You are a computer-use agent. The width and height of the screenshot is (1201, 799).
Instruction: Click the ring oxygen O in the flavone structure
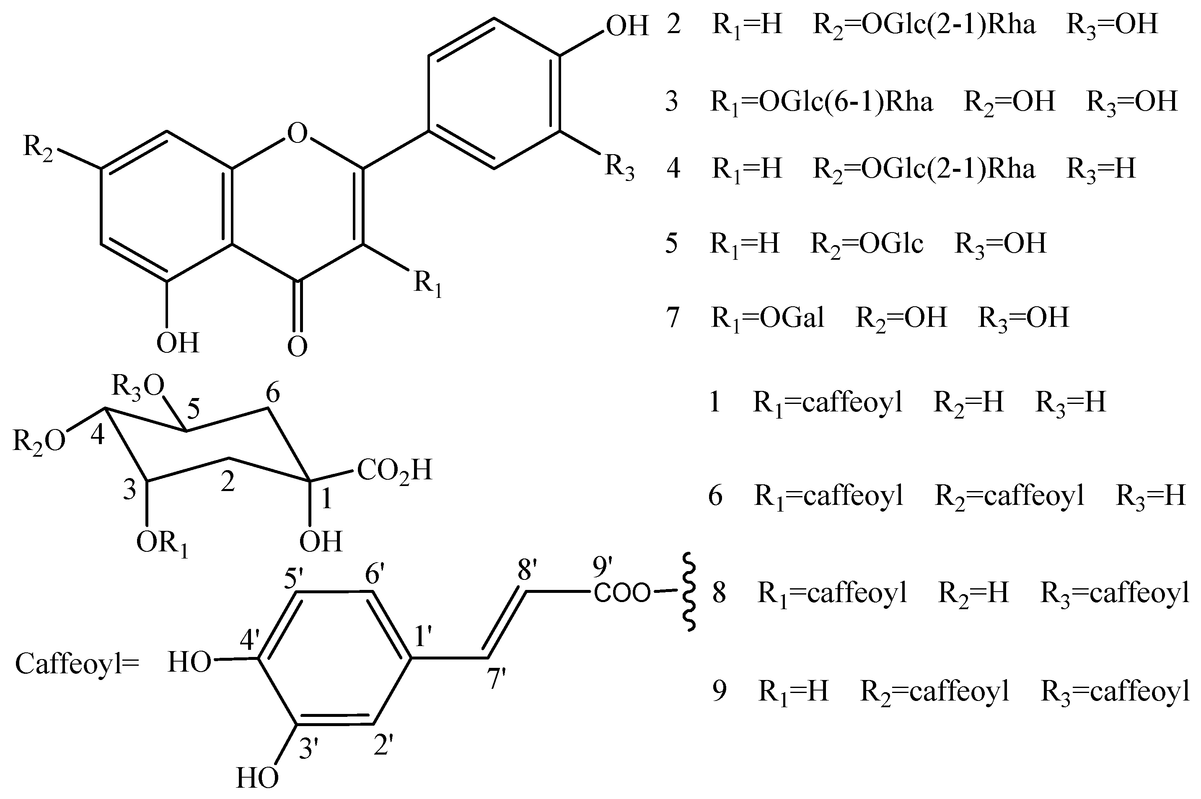coord(298,134)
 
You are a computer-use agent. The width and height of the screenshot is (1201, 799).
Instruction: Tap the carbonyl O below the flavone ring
coord(298,346)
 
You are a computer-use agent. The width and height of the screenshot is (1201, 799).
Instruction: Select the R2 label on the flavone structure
coord(38,148)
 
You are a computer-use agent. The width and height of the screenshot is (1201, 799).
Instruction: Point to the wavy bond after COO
coord(689,592)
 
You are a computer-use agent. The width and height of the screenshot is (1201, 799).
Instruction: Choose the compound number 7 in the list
coord(673,318)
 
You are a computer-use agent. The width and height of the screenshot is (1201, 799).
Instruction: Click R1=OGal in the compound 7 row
coord(767,318)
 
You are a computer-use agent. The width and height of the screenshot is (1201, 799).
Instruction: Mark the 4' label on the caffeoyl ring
coord(250,640)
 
